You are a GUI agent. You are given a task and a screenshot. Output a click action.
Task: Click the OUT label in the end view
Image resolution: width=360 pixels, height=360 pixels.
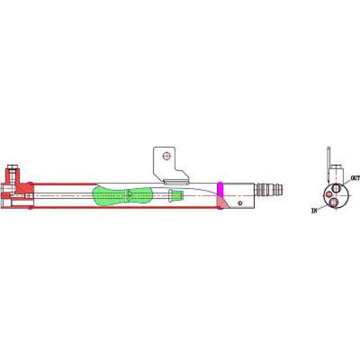355,178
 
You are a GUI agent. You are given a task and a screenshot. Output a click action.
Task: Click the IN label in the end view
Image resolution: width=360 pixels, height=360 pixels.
314,210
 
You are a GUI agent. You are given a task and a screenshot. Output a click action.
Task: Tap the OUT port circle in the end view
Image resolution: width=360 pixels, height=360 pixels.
336,188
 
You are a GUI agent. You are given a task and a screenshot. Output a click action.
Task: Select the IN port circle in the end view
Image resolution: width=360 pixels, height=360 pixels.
333,202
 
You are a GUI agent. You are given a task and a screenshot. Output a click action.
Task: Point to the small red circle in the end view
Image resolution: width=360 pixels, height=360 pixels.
329,194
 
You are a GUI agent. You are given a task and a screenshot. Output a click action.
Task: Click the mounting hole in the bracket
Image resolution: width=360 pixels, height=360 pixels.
167,156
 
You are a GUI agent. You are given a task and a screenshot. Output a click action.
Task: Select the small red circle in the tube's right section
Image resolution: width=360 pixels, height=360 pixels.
240,203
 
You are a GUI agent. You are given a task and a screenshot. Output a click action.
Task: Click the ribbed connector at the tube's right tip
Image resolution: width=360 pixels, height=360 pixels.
269,189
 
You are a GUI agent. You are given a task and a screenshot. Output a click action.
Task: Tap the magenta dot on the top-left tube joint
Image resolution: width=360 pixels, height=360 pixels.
31,183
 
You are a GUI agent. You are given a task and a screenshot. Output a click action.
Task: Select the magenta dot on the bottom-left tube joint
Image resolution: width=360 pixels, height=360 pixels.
31,208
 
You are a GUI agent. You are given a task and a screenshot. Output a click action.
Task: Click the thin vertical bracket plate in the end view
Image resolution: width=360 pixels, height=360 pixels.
329,164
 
